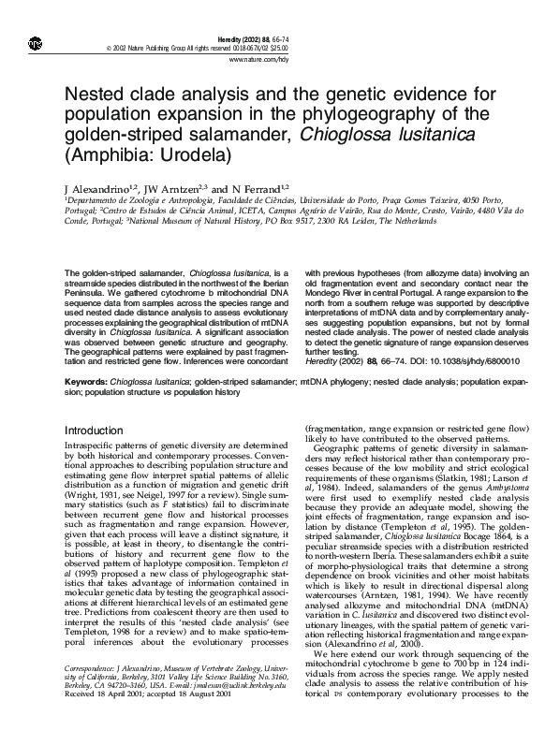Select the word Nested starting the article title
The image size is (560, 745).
96,95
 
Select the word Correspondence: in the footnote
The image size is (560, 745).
92,667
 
